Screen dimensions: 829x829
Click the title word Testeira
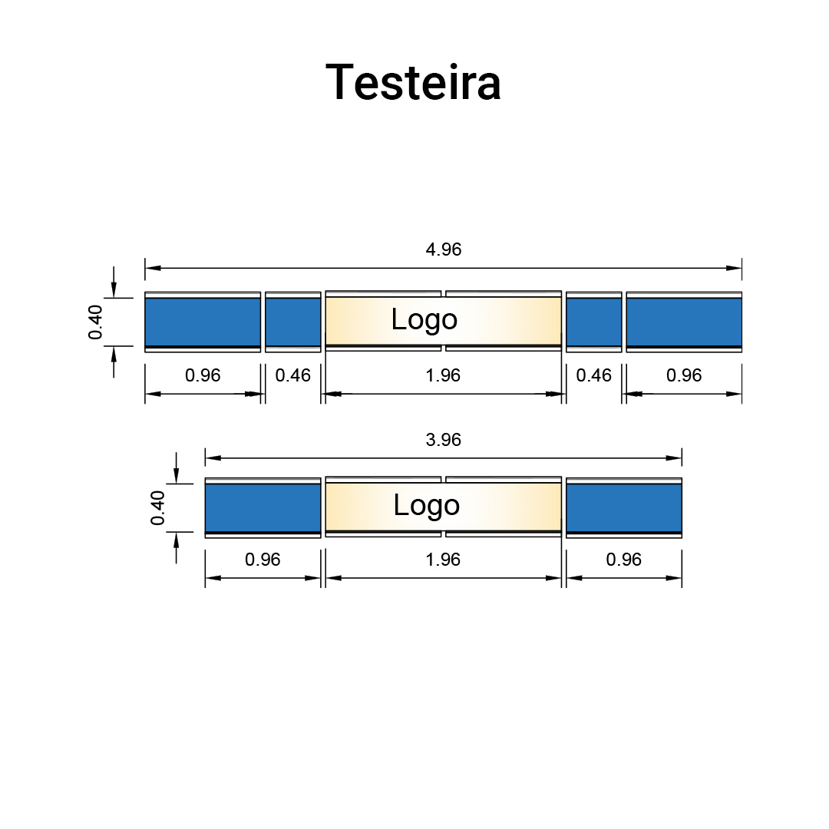[413, 82]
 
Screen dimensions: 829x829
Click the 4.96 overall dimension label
[444, 249]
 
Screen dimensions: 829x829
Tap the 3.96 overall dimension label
[443, 440]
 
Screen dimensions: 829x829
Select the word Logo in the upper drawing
[424, 319]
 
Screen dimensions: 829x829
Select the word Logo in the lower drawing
[426, 505]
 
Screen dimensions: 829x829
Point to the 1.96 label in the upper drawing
[443, 375]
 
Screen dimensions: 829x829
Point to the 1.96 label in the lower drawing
[443, 560]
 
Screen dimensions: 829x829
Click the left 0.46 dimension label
[293, 375]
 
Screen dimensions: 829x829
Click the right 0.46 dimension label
[594, 375]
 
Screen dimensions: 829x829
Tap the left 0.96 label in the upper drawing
[203, 375]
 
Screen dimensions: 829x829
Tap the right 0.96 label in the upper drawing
[684, 375]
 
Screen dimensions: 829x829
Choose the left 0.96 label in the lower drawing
[263, 560]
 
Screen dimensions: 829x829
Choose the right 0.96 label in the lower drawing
[623, 560]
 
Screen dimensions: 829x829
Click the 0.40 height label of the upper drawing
[96, 322]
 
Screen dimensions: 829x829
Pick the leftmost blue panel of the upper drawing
[203, 322]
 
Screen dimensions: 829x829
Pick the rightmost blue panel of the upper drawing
[684, 322]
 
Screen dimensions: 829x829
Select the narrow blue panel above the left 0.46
[293, 322]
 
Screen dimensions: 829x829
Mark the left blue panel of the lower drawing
[263, 507]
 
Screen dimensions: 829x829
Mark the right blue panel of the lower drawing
[623, 507]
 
